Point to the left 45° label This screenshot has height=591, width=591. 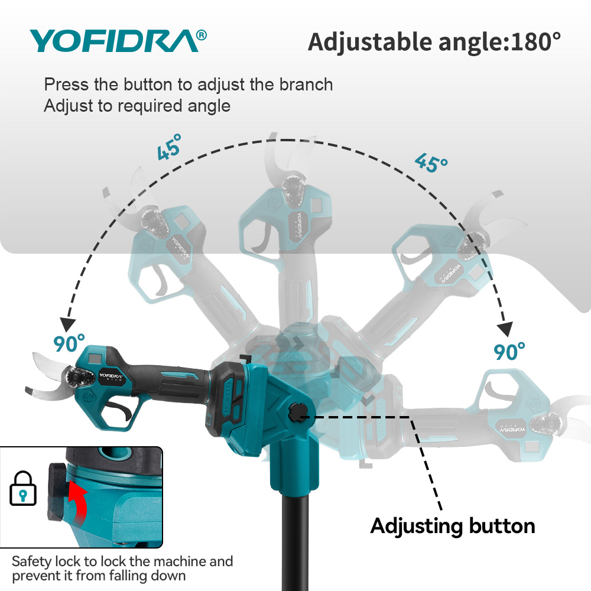(170, 147)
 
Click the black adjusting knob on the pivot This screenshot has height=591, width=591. (295, 413)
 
